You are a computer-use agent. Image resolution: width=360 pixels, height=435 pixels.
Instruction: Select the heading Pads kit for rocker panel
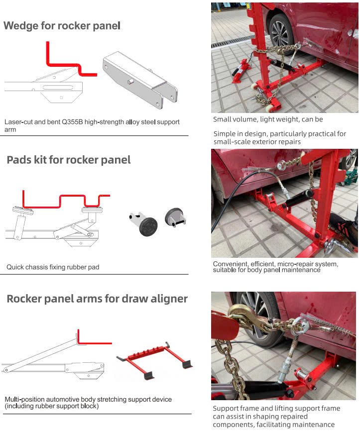(69, 160)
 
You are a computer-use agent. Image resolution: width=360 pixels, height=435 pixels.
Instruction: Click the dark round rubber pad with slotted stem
(144, 223)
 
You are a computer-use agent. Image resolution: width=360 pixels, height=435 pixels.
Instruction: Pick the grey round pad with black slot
(175, 217)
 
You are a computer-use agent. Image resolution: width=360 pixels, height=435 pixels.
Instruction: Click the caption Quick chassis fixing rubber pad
(53, 267)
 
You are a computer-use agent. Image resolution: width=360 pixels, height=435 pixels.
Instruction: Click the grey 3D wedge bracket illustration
(140, 80)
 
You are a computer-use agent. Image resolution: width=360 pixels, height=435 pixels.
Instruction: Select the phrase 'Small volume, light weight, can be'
(268, 119)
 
